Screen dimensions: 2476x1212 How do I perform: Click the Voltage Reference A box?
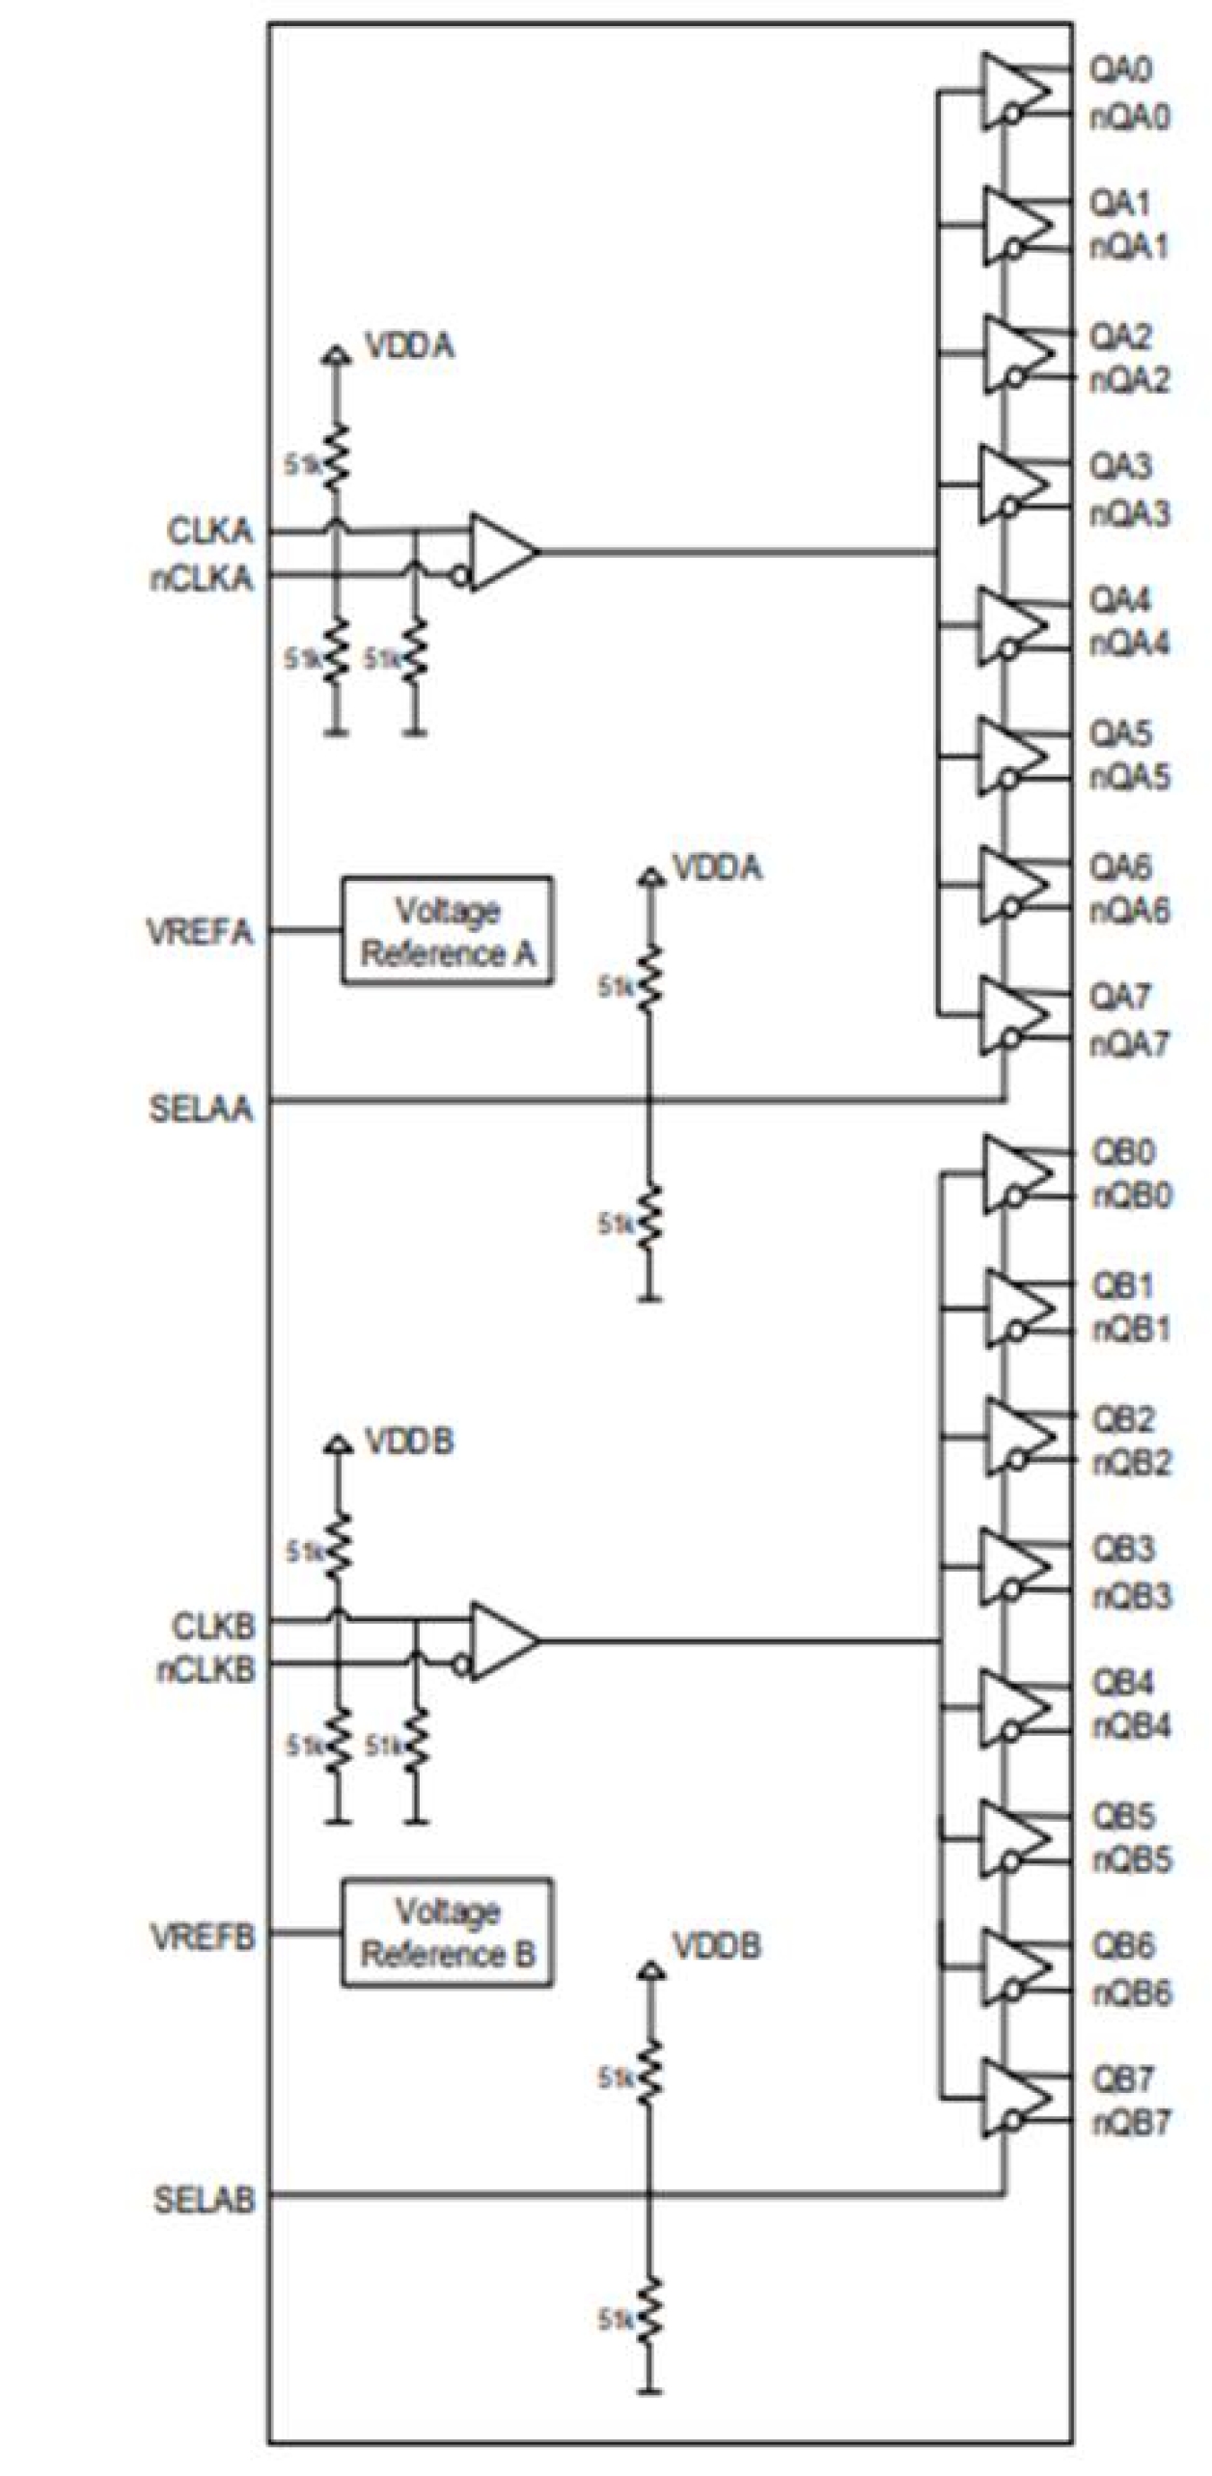click(x=447, y=931)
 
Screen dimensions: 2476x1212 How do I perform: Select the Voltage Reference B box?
click(x=447, y=1933)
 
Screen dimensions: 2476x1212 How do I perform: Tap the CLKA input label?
click(x=209, y=531)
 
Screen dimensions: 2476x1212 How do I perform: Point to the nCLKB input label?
click(x=206, y=1669)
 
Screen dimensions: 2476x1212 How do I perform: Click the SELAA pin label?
click(x=201, y=1109)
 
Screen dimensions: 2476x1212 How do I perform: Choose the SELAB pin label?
click(x=204, y=2200)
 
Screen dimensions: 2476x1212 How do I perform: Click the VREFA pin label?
click(x=200, y=932)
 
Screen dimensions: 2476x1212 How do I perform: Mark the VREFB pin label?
click(x=203, y=1935)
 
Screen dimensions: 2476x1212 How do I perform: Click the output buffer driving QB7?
click(x=1015, y=2098)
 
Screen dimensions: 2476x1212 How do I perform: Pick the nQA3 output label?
click(x=1130, y=512)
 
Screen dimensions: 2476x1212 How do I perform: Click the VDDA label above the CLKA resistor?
click(x=409, y=345)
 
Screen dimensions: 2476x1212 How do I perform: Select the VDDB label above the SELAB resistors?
click(x=716, y=1945)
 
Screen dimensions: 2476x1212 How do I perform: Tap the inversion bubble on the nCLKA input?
click(x=461, y=577)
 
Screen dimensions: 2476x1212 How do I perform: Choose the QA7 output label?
click(x=1119, y=996)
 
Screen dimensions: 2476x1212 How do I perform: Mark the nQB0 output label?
click(x=1131, y=1196)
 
